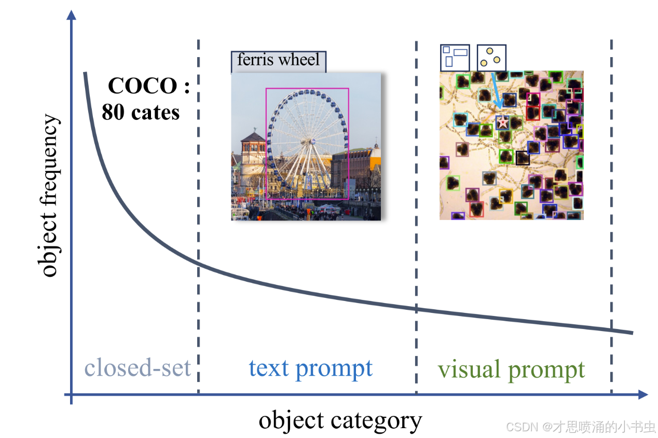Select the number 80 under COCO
(x=113, y=112)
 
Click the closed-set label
(x=138, y=368)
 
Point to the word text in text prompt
(x=269, y=368)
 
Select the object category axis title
(x=340, y=420)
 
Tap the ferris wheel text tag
(x=278, y=60)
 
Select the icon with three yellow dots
(x=491, y=58)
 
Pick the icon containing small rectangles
(x=455, y=57)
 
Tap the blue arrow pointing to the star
(x=495, y=94)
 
